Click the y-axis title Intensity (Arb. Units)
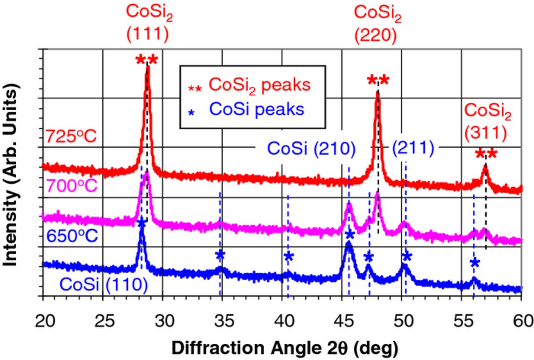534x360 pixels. [x=11, y=171]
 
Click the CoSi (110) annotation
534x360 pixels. [x=103, y=284]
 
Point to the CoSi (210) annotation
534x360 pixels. [x=311, y=148]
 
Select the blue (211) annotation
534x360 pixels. [x=413, y=148]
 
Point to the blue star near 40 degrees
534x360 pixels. [x=288, y=257]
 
